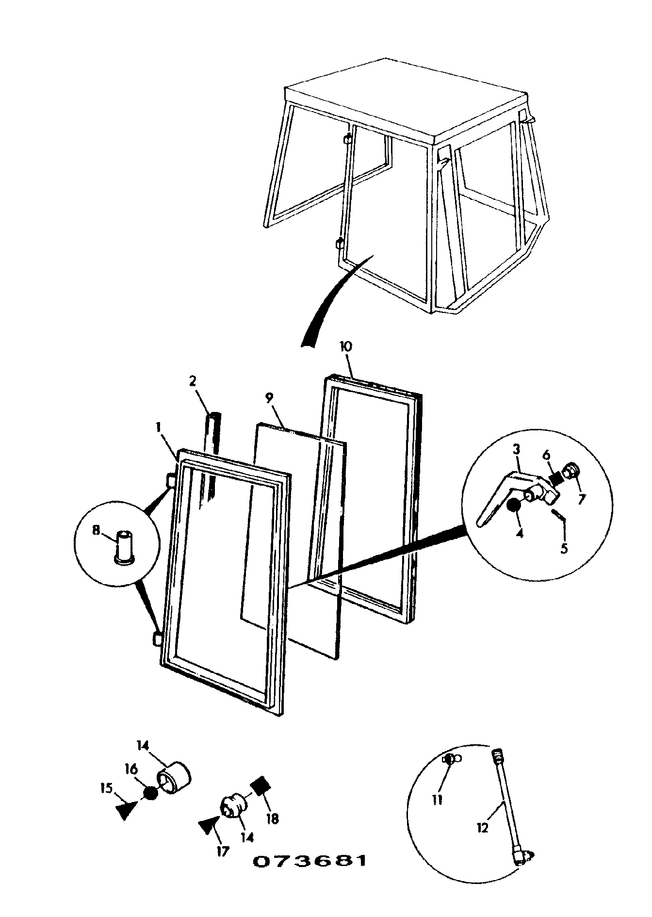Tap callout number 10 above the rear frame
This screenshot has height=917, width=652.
tap(346, 346)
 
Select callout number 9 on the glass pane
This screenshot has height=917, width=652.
tap(270, 397)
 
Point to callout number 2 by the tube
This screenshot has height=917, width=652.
tap(193, 381)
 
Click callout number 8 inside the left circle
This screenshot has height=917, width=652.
tap(96, 530)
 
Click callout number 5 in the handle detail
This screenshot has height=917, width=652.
tap(564, 550)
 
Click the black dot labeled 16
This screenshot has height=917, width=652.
tap(151, 793)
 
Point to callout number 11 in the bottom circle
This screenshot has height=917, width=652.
tap(438, 800)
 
